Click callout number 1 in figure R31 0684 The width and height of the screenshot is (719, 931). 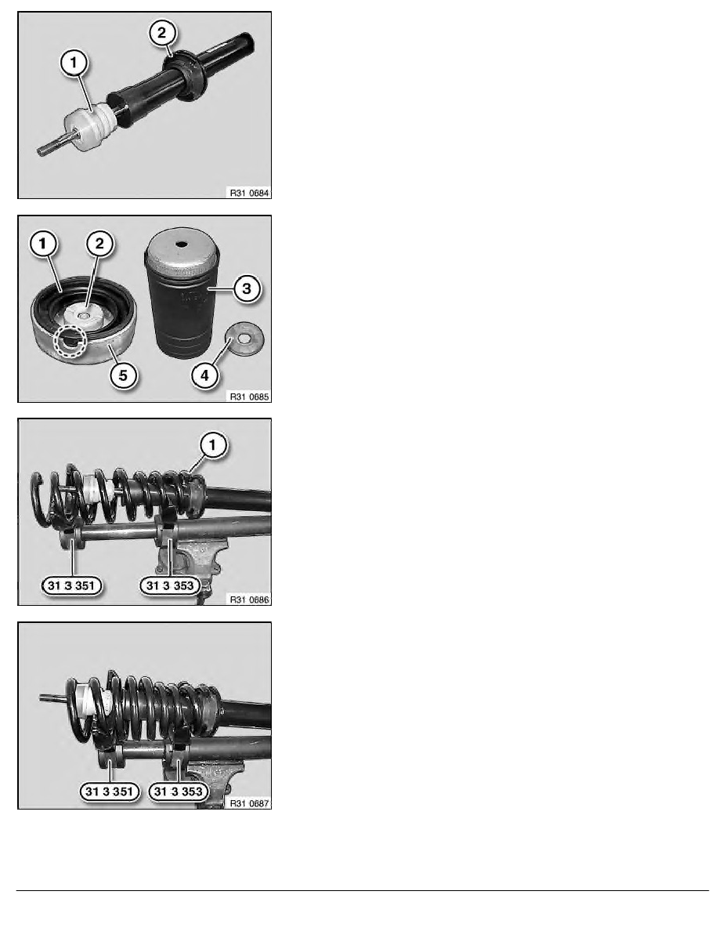point(74,63)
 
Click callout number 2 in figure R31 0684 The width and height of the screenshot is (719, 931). point(162,33)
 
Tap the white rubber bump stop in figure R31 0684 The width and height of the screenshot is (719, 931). point(89,127)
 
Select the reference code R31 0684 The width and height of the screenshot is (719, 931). point(249,193)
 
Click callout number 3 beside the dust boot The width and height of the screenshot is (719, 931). point(247,289)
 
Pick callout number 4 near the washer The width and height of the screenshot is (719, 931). point(204,375)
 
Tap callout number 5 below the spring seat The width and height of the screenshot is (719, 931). point(124,375)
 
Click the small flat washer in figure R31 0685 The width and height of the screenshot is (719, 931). point(244,339)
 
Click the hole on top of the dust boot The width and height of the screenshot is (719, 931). point(182,244)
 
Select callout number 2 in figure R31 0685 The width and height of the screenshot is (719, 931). point(99,244)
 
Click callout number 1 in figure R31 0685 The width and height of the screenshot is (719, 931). point(43,244)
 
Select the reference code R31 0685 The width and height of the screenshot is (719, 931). point(249,397)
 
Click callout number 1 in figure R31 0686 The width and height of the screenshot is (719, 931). point(213,444)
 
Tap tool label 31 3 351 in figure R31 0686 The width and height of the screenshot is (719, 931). point(71,586)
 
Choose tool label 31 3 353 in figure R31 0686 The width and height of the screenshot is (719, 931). point(170,586)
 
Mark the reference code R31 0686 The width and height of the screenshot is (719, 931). point(249,600)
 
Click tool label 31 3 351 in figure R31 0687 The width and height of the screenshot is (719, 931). point(109,792)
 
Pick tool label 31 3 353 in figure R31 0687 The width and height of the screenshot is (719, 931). point(178,792)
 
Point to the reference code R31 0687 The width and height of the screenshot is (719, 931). point(249,803)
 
